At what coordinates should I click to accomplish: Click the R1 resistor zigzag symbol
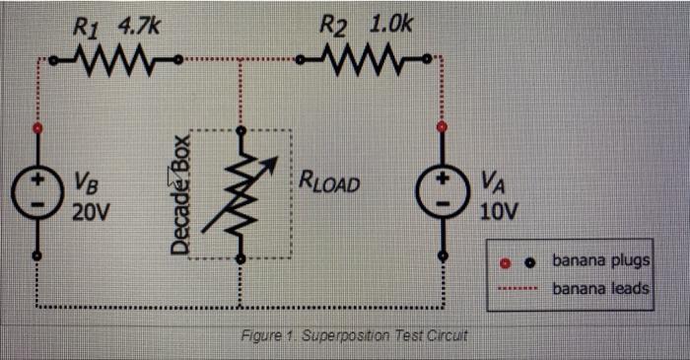[111, 67]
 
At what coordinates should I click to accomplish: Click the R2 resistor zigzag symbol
[366, 67]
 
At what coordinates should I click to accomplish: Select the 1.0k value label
[389, 25]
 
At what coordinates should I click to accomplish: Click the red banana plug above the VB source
[37, 129]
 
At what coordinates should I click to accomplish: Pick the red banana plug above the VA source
[441, 127]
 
